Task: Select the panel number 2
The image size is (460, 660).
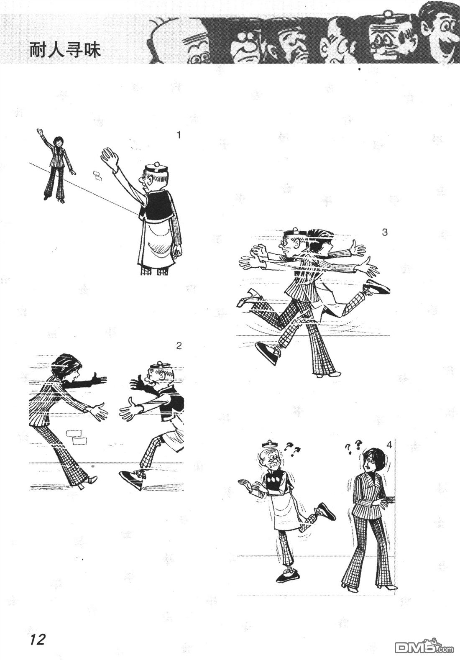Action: (179, 345)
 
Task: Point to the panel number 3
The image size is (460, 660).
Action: (385, 232)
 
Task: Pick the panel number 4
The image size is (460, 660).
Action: (389, 445)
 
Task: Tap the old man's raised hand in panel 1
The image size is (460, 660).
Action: (110, 159)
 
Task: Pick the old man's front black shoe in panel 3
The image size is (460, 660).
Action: (268, 354)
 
